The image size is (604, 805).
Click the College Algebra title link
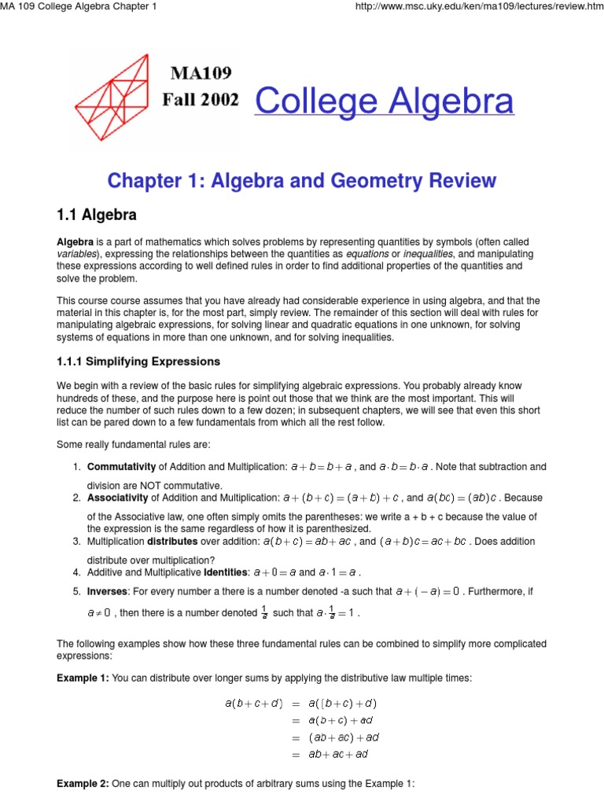(x=384, y=101)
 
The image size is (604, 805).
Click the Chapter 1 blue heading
(x=301, y=181)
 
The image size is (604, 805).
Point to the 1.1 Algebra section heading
(x=97, y=215)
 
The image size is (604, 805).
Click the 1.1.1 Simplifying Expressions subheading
(x=138, y=362)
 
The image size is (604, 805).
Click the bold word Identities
(x=227, y=572)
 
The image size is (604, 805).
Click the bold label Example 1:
(x=83, y=677)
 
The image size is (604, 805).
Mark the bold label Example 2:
(x=83, y=784)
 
